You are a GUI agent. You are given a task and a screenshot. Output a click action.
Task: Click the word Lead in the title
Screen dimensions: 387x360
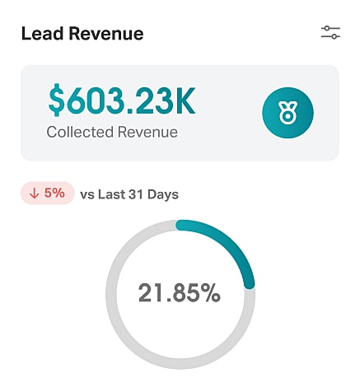(x=41, y=34)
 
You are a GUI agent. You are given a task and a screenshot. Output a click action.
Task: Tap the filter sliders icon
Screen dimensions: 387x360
(x=330, y=33)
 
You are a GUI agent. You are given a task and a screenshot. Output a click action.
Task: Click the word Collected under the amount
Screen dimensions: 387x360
(x=79, y=131)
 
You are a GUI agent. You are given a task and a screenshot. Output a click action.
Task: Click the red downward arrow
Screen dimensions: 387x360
(x=35, y=194)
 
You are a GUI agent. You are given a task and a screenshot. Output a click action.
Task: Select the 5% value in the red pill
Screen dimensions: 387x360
(x=54, y=194)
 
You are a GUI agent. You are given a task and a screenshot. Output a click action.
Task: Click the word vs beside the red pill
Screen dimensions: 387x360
(x=87, y=195)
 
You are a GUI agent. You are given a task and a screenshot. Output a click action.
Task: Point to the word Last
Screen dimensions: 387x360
(x=111, y=195)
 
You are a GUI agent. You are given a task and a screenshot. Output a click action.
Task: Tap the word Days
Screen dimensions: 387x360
(x=163, y=195)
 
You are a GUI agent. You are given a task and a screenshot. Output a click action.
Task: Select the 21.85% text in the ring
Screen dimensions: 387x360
(x=180, y=293)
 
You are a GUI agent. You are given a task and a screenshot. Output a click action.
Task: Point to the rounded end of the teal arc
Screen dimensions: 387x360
(x=249, y=282)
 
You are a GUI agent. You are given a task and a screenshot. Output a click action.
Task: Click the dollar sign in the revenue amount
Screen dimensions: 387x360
(x=56, y=101)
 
